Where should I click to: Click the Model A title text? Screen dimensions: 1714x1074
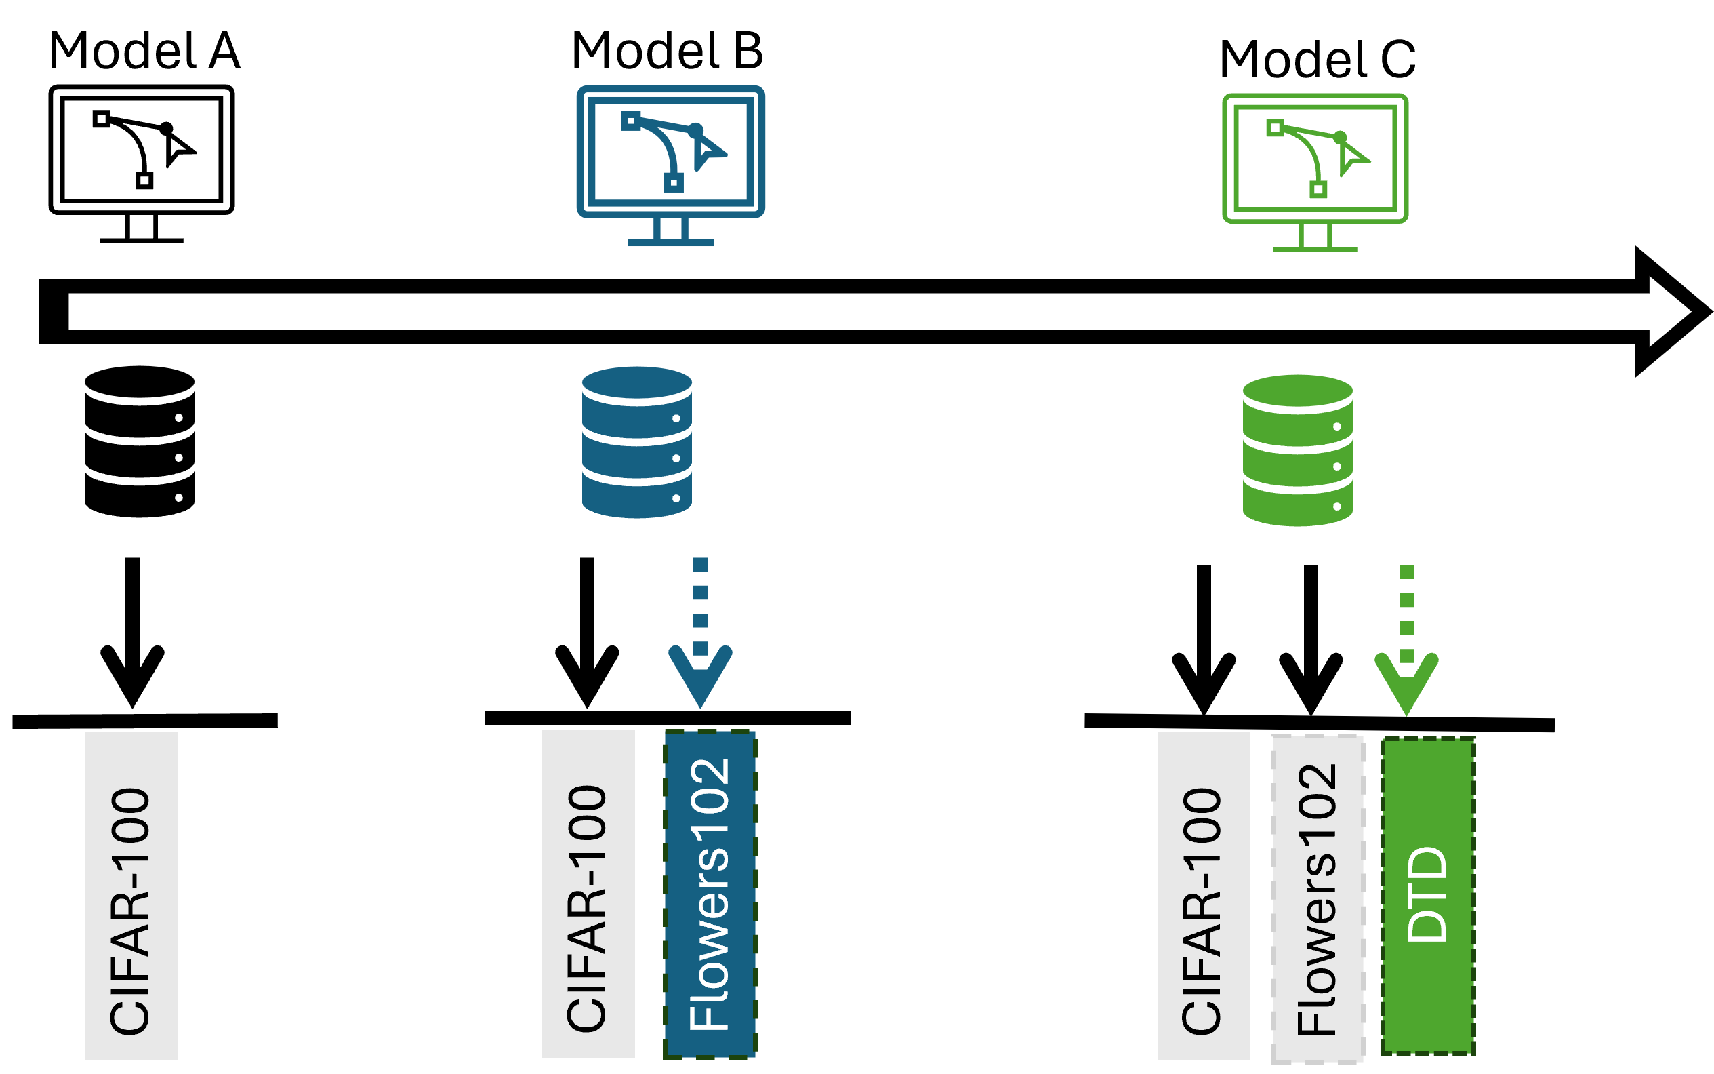click(144, 51)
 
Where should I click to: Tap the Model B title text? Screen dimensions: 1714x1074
click(667, 51)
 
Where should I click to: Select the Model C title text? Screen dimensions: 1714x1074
click(1316, 59)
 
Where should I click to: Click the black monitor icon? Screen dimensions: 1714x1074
click(141, 164)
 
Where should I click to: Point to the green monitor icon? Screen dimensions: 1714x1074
click(1314, 173)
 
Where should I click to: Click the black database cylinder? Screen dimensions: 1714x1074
click(139, 441)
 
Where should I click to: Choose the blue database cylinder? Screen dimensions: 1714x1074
click(636, 442)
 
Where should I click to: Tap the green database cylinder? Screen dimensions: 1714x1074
click(1297, 450)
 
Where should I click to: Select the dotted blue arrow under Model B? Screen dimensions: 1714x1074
click(699, 633)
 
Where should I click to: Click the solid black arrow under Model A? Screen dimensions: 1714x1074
click(132, 633)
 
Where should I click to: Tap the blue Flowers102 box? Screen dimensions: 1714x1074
click(710, 894)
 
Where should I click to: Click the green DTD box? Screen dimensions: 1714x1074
click(1428, 896)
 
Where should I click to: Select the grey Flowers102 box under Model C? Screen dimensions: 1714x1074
click(1317, 899)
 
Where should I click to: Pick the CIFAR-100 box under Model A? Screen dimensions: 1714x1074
click(131, 896)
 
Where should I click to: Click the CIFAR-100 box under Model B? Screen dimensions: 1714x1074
click(588, 894)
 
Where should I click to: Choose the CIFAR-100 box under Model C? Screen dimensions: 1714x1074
click(1204, 896)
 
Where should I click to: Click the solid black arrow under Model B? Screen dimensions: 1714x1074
click(586, 633)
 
